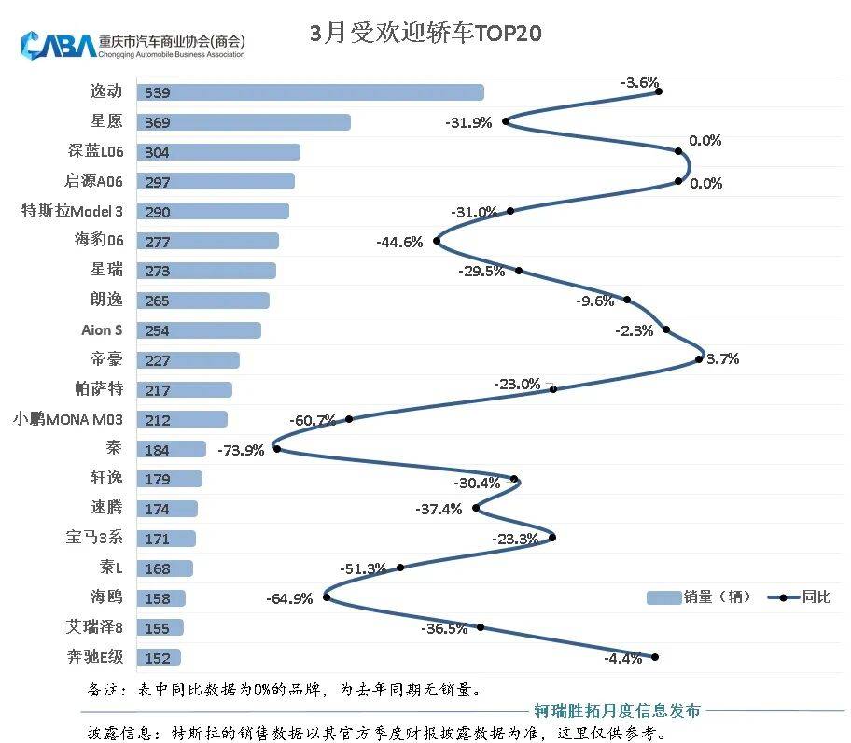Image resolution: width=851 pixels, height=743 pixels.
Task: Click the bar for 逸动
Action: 310,91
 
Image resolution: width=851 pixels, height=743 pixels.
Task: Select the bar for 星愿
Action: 243,122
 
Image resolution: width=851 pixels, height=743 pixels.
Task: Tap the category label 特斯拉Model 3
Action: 72,211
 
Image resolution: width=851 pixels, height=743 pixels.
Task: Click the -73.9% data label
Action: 241,449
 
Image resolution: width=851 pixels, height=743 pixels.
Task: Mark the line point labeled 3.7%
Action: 700,358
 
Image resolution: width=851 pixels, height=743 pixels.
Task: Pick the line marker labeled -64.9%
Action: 327,597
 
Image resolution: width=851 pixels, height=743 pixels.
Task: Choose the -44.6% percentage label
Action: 399,242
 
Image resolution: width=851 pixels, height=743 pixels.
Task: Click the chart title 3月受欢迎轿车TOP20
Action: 425,35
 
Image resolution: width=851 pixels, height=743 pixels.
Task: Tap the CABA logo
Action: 58,44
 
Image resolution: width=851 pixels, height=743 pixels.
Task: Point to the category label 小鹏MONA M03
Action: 67,419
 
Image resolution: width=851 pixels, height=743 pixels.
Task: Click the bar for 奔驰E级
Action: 159,657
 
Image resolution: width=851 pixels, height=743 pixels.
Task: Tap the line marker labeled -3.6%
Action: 658,91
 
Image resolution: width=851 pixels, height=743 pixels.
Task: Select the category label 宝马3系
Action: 93,538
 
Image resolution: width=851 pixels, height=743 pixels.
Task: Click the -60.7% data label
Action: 313,420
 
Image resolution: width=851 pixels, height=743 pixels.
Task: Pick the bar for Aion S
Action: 199,330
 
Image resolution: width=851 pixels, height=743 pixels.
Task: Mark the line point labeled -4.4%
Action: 654,657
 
